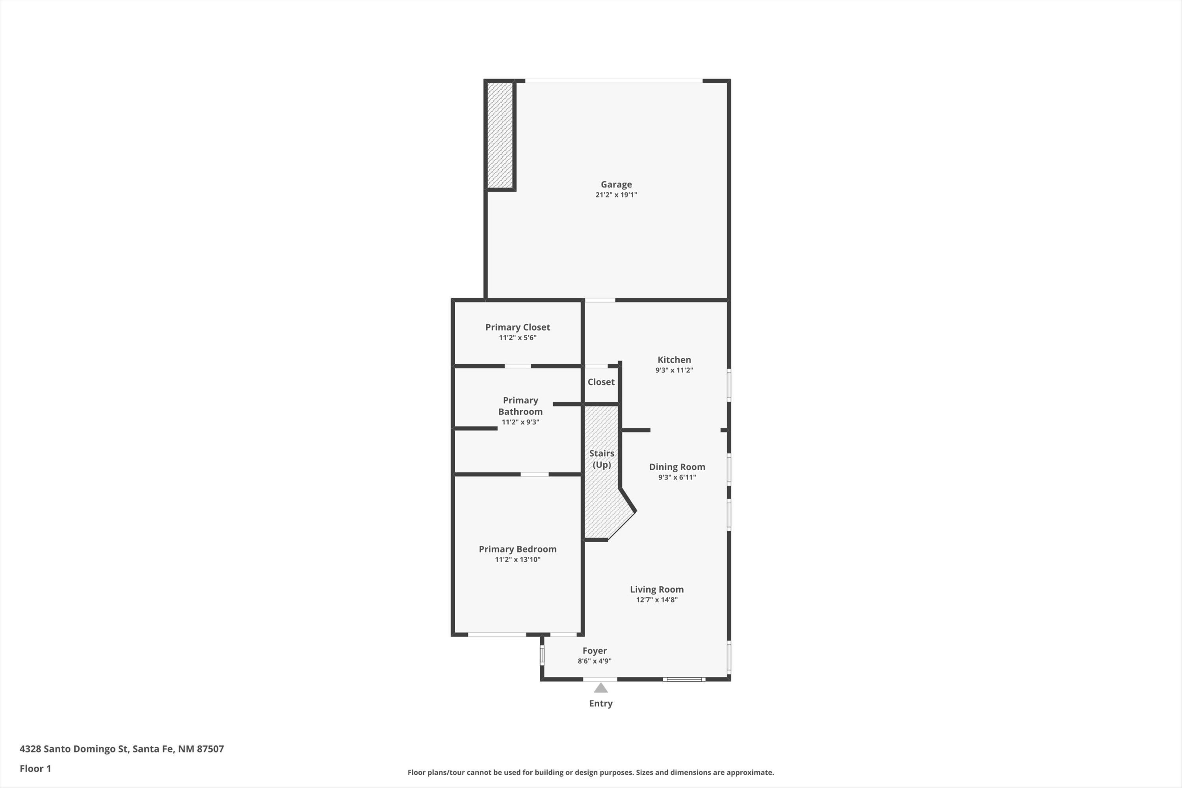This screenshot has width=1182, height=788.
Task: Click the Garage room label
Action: coord(616,184)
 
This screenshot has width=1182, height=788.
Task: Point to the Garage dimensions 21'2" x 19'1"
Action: coord(616,195)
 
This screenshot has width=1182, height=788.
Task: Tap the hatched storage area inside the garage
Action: coord(500,135)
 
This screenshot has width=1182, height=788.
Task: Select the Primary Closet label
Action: coord(518,327)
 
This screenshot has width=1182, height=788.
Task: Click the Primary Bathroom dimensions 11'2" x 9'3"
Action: coord(520,422)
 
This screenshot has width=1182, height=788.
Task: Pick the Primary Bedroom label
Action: coord(518,549)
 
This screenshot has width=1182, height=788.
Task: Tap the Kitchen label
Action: coord(674,360)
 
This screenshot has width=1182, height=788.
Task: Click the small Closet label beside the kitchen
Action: coord(601,382)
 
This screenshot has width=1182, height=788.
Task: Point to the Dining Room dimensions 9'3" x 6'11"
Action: coord(677,478)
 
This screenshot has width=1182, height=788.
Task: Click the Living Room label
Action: coord(657,589)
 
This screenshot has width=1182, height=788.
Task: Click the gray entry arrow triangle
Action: coord(600,688)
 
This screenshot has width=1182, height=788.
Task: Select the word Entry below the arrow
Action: coord(600,704)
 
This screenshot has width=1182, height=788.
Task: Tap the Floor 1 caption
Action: coord(35,768)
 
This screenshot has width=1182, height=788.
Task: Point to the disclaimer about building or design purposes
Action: coord(591,772)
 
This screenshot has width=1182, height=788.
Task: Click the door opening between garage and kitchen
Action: coord(600,301)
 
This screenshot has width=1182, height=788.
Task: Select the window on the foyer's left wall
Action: coord(542,655)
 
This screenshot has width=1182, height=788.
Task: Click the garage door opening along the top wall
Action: coord(613,81)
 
